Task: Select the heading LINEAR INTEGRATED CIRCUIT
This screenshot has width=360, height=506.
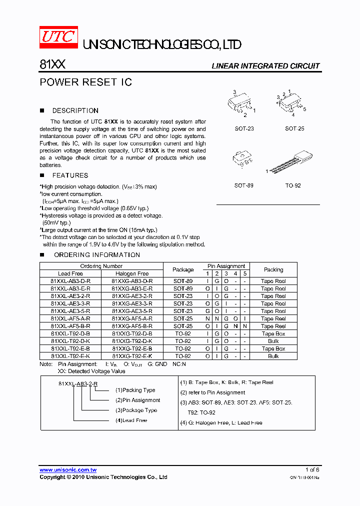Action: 265,66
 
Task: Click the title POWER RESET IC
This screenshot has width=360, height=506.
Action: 85,82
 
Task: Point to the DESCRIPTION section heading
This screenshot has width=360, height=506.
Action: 75,110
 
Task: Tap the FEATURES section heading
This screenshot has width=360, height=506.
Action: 70,175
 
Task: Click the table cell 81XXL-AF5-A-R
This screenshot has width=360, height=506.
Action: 70,318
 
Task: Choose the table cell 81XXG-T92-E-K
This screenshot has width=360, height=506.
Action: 132,356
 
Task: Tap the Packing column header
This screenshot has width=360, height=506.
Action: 273,269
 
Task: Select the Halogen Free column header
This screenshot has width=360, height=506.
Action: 132,273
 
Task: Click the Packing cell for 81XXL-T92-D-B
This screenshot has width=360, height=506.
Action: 273,333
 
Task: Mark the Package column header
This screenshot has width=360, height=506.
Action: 182,269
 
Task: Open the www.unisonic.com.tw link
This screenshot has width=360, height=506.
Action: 68,470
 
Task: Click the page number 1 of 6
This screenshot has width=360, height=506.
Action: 312,470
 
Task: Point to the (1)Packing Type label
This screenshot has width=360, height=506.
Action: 135,390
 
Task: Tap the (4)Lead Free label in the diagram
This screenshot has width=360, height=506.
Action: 131,420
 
